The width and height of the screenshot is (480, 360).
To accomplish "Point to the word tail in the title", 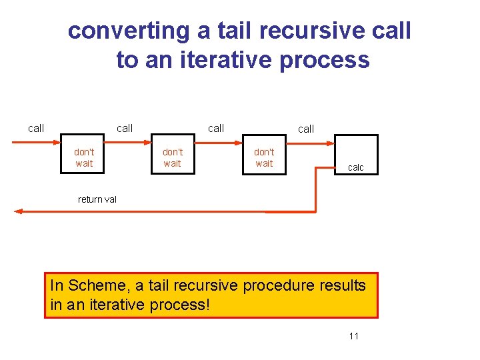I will point(226,31).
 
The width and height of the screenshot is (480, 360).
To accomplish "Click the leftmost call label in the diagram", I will point(36,128).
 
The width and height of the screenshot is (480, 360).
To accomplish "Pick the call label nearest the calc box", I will point(306,129).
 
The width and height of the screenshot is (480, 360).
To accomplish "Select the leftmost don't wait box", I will point(84,157).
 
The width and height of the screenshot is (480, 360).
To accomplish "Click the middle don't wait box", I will point(173,157).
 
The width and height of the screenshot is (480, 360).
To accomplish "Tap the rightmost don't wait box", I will point(264,157).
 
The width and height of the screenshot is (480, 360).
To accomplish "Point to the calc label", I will point(356,167).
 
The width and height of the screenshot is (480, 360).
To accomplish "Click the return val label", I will point(97,199).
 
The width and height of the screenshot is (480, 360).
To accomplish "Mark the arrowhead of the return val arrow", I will point(18,211).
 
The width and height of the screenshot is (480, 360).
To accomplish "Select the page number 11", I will point(353,336).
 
